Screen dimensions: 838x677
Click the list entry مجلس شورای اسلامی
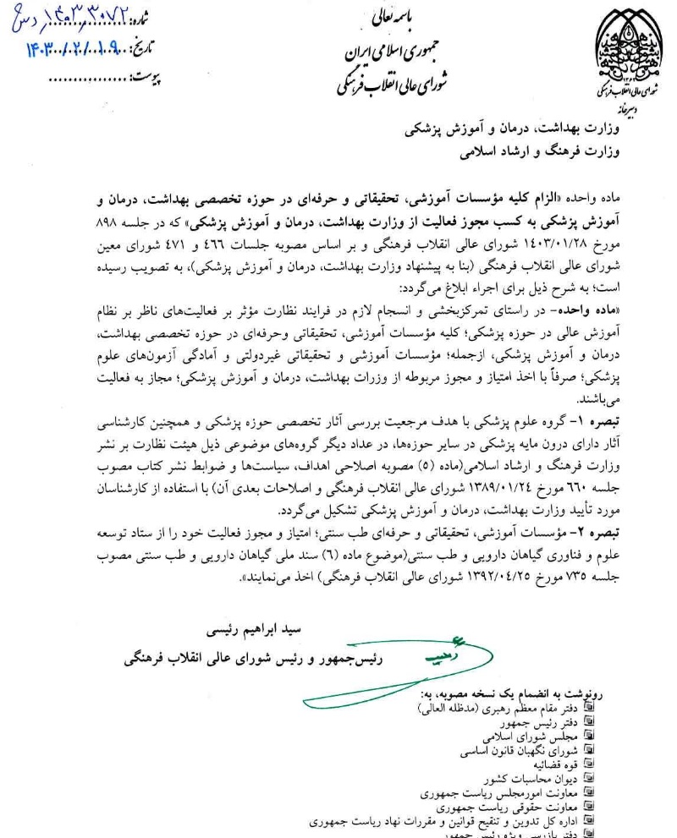tap(530, 737)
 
